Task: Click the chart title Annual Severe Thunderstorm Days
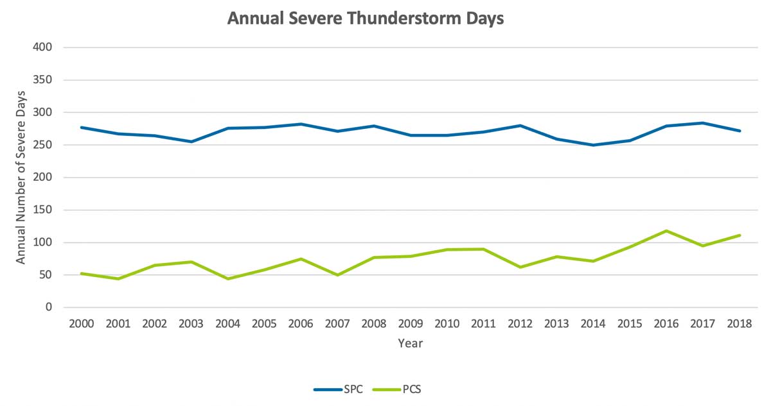tap(366, 19)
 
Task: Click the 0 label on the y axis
tap(48, 308)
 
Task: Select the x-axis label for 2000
tap(82, 324)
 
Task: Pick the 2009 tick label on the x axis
tap(410, 324)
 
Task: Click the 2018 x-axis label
tap(739, 324)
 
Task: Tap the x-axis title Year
tap(410, 344)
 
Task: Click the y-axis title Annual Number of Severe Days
tap(21, 178)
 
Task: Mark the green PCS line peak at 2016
tap(666, 231)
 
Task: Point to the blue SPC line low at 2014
tap(593, 145)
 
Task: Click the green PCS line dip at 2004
tap(228, 278)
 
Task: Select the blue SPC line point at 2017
tap(703, 123)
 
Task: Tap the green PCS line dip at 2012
tap(520, 267)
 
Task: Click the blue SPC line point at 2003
tap(191, 142)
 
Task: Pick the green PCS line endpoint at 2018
tap(739, 235)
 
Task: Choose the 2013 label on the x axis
tap(556, 324)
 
